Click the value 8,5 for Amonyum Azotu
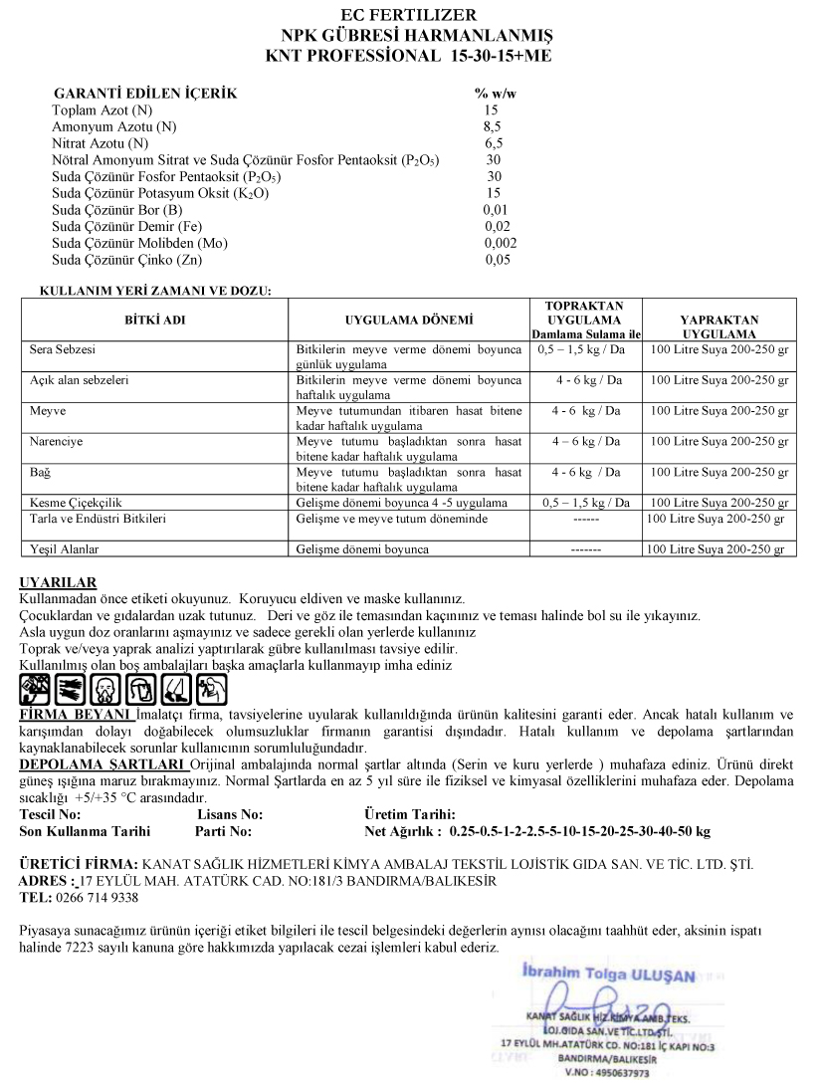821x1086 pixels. click(492, 126)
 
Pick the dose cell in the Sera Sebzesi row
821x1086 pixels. click(586, 350)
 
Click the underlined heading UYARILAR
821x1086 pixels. click(58, 582)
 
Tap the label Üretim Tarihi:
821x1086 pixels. click(410, 814)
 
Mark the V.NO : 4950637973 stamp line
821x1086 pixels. click(607, 1073)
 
